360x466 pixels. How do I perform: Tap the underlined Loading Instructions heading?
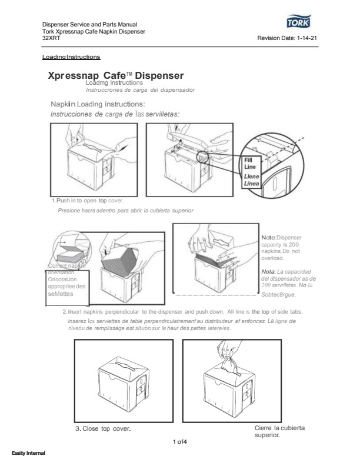(x=72, y=57)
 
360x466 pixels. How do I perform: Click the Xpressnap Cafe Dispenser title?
(x=116, y=76)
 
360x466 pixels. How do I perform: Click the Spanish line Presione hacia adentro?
(x=126, y=210)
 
